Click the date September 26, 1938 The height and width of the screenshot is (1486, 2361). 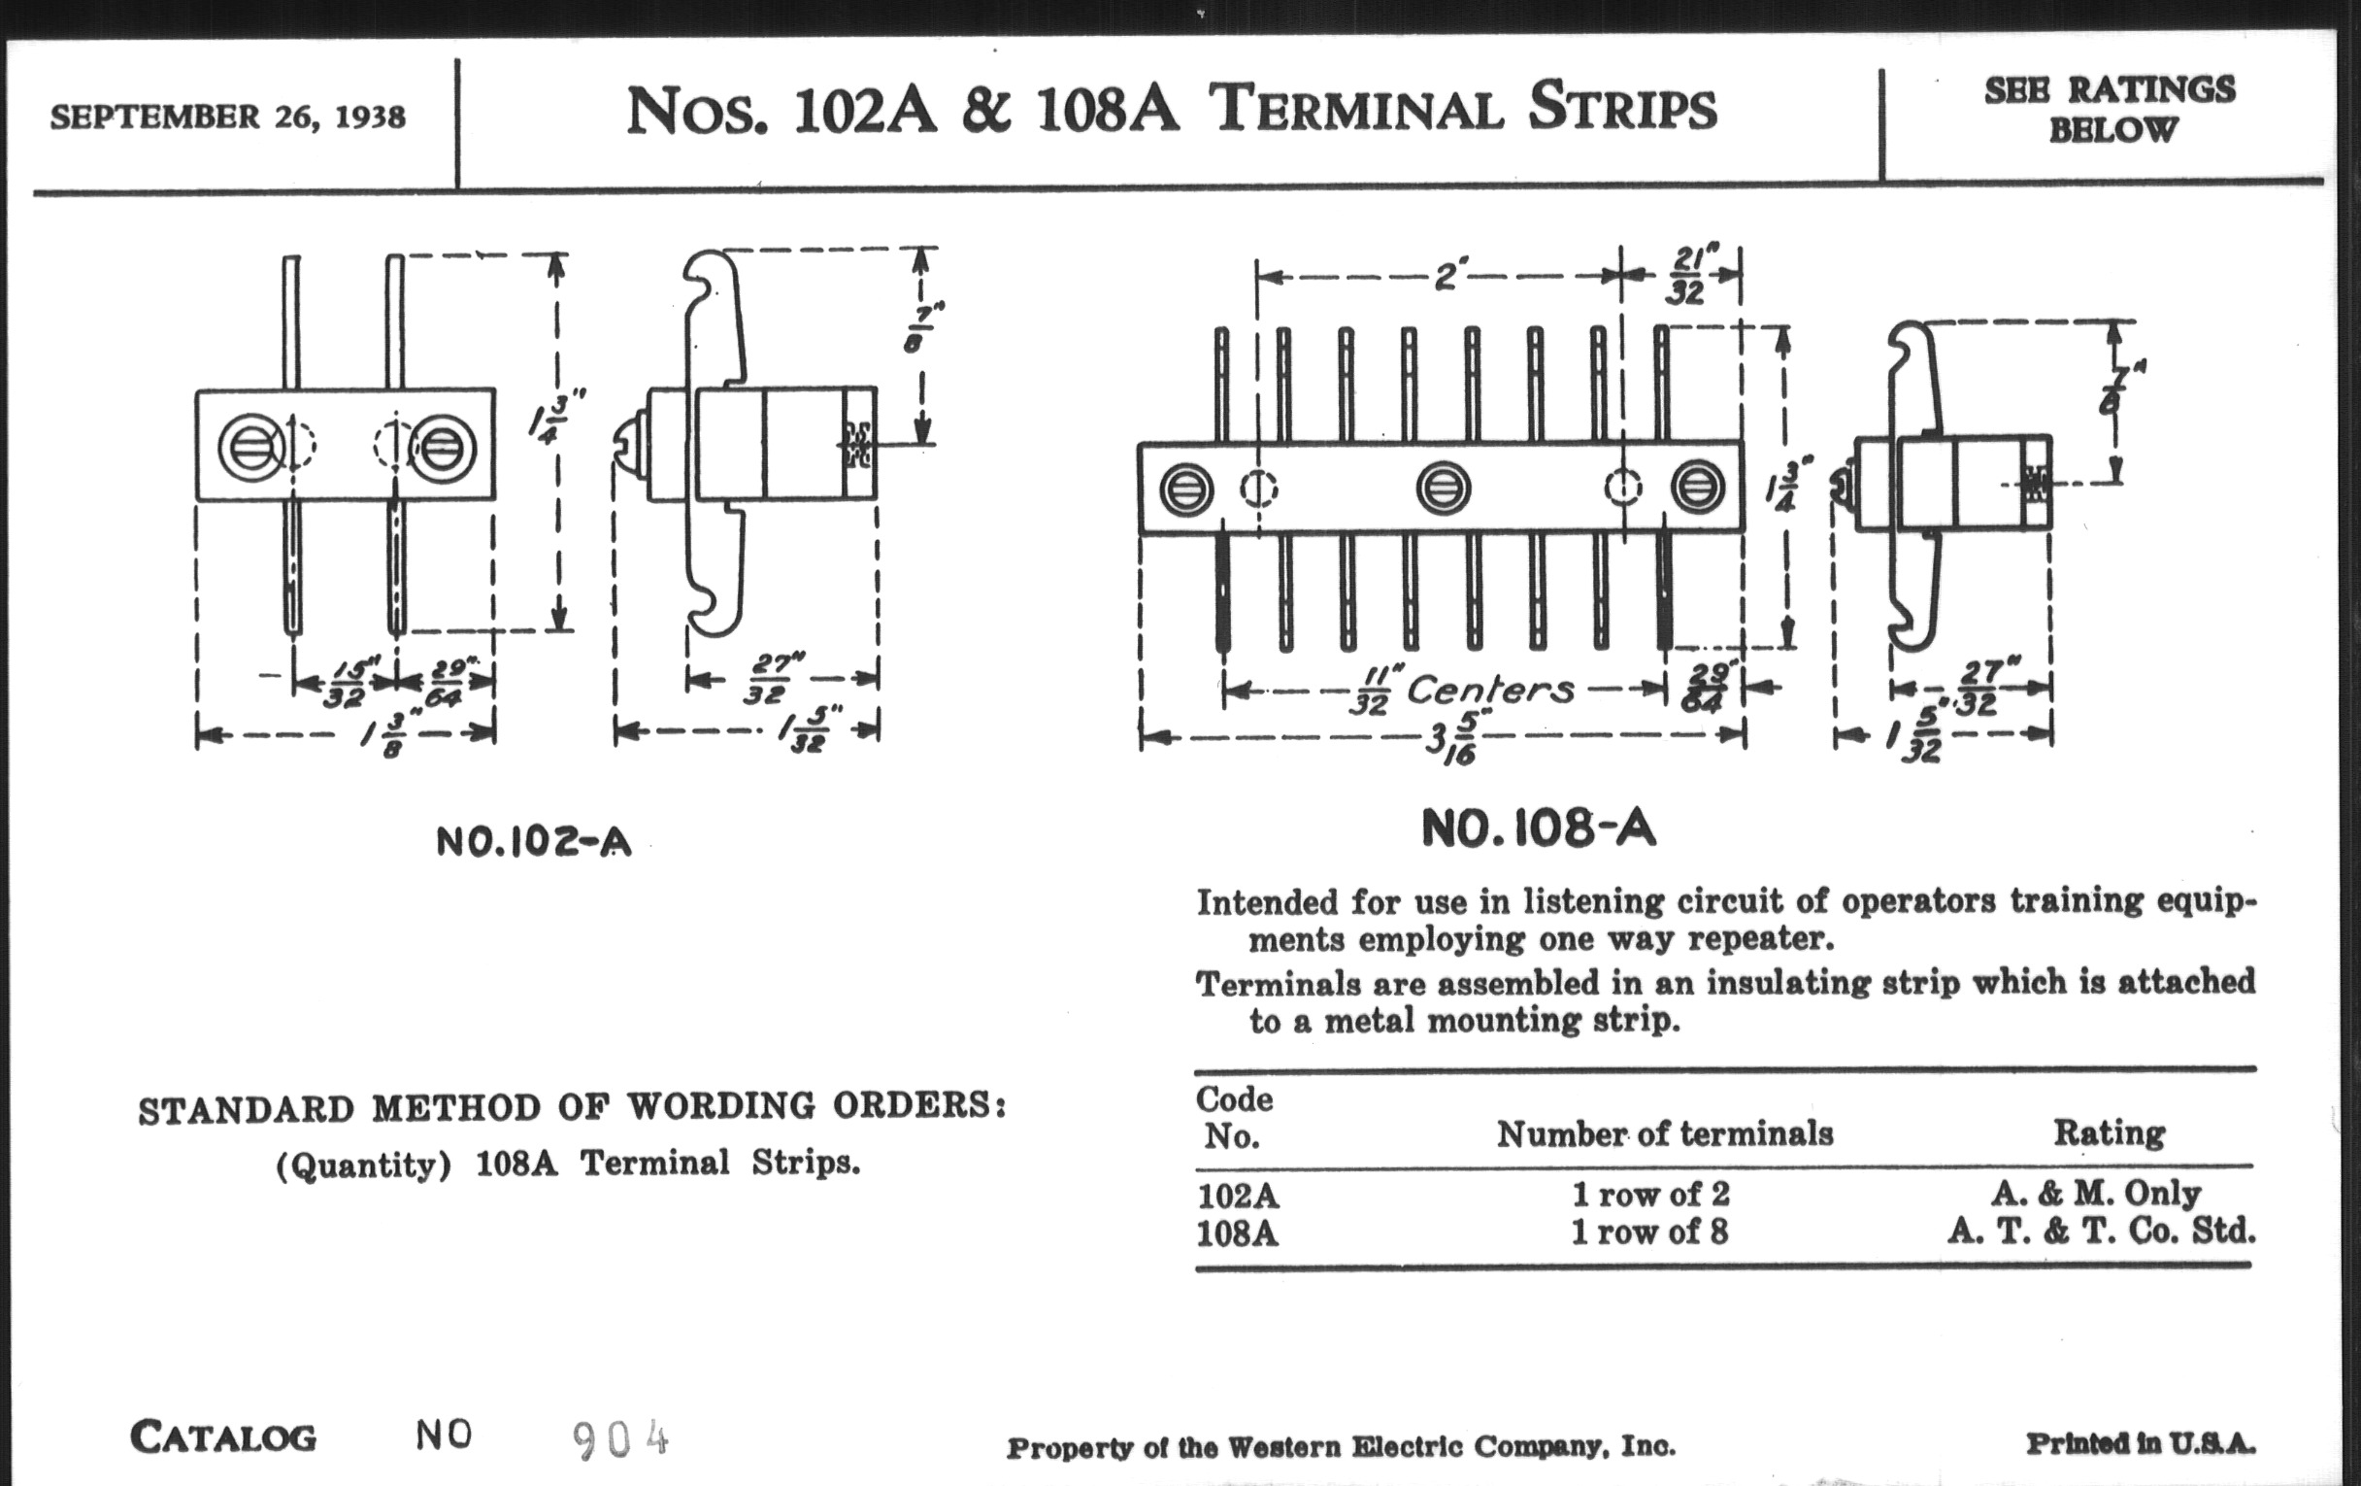click(x=227, y=118)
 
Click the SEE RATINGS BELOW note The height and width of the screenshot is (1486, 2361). click(x=2110, y=109)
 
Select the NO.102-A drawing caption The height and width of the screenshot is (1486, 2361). click(x=533, y=840)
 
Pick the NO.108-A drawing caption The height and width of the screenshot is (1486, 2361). click(x=1539, y=828)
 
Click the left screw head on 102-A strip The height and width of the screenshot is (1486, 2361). click(x=252, y=448)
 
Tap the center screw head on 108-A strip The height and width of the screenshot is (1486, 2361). click(x=1444, y=489)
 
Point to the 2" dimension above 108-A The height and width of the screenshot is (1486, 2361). click(x=1446, y=278)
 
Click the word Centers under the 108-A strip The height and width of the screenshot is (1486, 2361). click(x=1490, y=690)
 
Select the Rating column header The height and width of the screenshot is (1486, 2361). click(x=2109, y=1132)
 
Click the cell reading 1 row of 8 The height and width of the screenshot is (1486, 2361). click(x=1650, y=1232)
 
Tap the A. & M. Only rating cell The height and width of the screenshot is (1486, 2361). click(x=2096, y=1193)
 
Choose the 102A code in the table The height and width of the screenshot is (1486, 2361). click(x=1238, y=1196)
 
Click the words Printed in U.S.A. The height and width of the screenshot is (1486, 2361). click(x=2141, y=1444)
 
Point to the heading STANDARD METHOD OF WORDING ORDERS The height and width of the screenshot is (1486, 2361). click(x=572, y=1108)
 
